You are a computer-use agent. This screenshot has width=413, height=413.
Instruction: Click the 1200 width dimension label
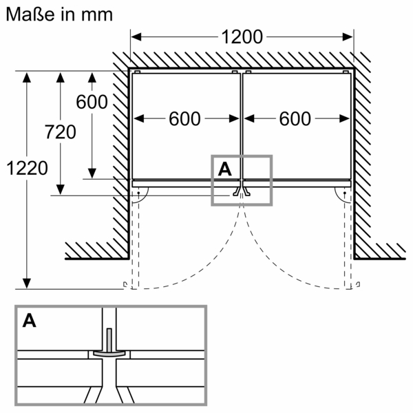pos(242,35)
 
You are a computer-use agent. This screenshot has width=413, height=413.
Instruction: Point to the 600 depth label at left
pos(91,102)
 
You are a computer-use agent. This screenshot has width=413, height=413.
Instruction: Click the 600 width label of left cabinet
pos(184,119)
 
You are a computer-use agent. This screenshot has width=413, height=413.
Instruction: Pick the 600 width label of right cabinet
pos(295,119)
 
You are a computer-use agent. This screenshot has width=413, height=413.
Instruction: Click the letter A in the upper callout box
pos(224,168)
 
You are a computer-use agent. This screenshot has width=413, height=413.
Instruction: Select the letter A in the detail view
pos(30,320)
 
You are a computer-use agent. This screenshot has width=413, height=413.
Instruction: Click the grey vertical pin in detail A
pos(109,340)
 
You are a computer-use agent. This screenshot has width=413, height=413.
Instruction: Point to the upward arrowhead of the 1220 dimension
pos(27,77)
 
